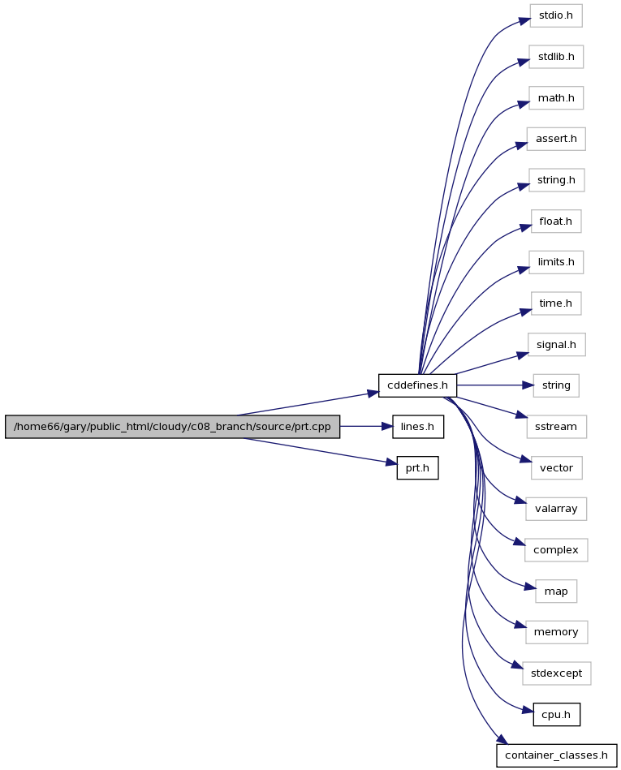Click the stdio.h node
click(x=556, y=15)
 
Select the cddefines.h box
click(x=417, y=385)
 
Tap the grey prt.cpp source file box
click(x=172, y=427)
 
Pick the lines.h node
click(x=418, y=427)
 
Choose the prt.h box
click(x=417, y=468)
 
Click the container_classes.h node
click(x=557, y=755)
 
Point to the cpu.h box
click(x=557, y=715)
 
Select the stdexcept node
click(x=557, y=673)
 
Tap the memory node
click(x=556, y=632)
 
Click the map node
click(x=556, y=591)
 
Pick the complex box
click(x=556, y=550)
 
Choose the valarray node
click(x=556, y=509)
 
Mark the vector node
click(x=557, y=468)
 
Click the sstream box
click(x=556, y=427)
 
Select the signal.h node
click(x=557, y=345)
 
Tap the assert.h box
click(x=556, y=139)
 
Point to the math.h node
click(x=556, y=98)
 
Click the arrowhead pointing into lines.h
click(x=387, y=427)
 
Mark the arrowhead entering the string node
click(x=528, y=385)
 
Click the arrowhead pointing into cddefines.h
click(x=373, y=394)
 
